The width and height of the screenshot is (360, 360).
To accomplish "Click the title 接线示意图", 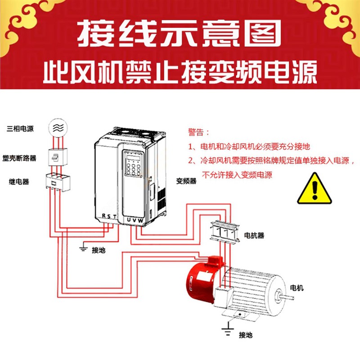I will click(x=180, y=34).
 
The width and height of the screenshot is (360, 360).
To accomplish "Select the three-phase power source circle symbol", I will click(x=58, y=127).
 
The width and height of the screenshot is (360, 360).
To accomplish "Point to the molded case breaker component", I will click(x=58, y=157).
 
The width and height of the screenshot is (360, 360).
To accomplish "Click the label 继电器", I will click(x=19, y=182).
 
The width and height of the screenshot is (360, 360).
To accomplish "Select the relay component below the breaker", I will click(x=58, y=182).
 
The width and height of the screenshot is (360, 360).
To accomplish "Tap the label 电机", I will click(x=297, y=288).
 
